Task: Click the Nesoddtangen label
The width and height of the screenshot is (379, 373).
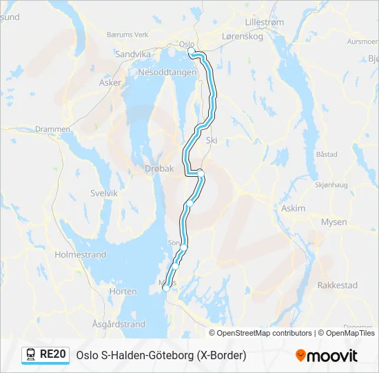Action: (x=167, y=72)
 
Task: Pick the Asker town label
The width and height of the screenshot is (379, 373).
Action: (x=110, y=82)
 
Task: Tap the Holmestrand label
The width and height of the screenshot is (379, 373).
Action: (x=81, y=255)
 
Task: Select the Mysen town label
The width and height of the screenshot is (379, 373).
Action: (x=334, y=222)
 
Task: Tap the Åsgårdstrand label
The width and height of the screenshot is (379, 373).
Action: (x=119, y=324)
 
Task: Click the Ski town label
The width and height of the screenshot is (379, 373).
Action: (x=212, y=140)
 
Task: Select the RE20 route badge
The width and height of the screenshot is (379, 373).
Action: (x=46, y=355)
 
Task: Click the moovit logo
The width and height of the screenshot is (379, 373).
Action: (x=326, y=356)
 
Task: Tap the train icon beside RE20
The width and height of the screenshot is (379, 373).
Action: (x=31, y=355)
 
